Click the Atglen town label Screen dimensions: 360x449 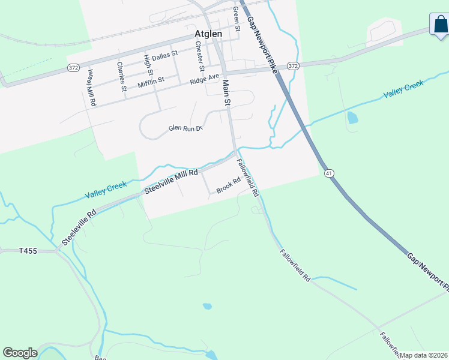[x=208, y=34]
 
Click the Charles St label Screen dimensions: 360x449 [x=122, y=76]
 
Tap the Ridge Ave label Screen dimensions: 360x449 [x=205, y=79]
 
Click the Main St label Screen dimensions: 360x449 [x=227, y=93]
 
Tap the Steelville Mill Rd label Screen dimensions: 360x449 [x=171, y=182]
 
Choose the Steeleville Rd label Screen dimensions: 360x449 [x=79, y=228]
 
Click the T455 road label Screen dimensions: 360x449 [x=28, y=250]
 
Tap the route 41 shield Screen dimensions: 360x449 [x=329, y=173]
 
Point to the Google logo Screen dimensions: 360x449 [x=20, y=353]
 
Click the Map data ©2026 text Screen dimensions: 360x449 [x=424, y=355]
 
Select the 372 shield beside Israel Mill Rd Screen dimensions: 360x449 [x=73, y=68]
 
